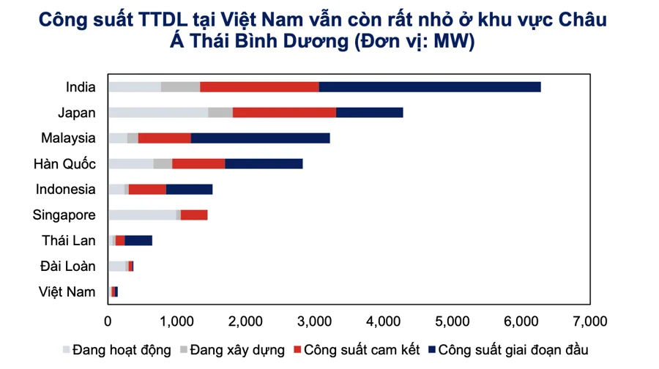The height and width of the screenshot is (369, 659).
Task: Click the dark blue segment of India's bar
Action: pos(430,86)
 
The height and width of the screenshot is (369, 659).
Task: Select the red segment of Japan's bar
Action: pos(284,112)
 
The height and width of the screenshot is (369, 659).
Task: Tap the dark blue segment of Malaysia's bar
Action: pos(260,138)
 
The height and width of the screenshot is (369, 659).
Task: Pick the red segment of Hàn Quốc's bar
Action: pos(198,163)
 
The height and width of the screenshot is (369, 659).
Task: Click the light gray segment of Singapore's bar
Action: pos(142,215)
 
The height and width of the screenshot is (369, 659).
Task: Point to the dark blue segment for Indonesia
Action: pos(189,189)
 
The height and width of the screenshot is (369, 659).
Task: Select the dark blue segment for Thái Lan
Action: pos(138,240)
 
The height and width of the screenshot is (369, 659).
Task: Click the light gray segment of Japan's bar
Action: pos(157,112)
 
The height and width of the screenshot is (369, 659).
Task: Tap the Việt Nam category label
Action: pos(67,292)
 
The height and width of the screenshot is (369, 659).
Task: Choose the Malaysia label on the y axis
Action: pos(69,138)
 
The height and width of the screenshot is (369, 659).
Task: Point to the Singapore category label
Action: pos(64,215)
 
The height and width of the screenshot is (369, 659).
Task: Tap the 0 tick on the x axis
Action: pos(108,320)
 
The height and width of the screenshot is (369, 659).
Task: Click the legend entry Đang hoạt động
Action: pos(121,350)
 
